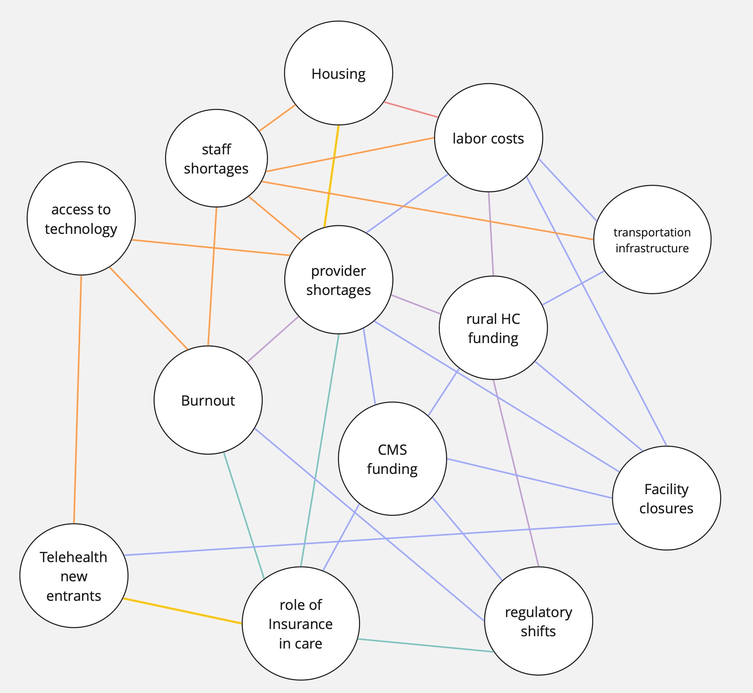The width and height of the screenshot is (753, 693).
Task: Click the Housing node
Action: coord(338,73)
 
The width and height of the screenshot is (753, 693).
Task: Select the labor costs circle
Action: coord(488,138)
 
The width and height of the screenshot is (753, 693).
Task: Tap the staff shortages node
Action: coord(216,158)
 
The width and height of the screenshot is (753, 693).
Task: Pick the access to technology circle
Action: coord(81,218)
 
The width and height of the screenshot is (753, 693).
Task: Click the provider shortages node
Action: coord(338,280)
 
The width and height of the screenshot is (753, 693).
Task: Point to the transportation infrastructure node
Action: coord(652,239)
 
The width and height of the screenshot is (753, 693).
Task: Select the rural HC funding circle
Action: coord(493,328)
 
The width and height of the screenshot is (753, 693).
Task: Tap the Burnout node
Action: coord(208,400)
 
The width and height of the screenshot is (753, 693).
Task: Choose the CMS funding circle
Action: coord(392,459)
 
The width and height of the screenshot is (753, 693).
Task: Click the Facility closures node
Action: coord(666,498)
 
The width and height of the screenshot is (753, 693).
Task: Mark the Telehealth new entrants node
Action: coord(74,576)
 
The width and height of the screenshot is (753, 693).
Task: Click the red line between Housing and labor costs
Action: coord(411,110)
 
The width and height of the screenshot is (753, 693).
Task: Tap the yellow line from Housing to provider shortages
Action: coord(332,176)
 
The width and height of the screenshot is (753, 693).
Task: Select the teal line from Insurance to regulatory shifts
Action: coord(425,645)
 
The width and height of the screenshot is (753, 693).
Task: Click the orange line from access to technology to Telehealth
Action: coord(78,399)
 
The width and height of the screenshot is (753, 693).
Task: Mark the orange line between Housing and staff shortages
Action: coord(277,118)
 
